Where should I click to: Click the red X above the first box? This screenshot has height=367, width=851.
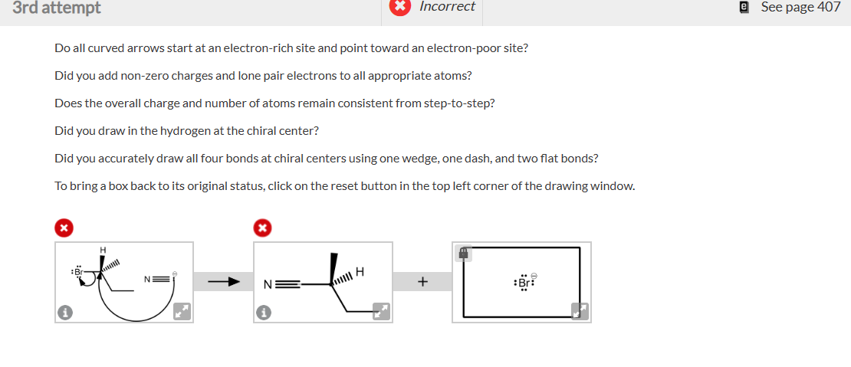click(x=65, y=227)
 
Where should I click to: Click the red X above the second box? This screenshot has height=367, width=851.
click(x=263, y=227)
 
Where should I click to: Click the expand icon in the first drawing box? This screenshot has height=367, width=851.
click(x=181, y=310)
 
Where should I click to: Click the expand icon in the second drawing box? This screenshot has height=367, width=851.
click(x=380, y=310)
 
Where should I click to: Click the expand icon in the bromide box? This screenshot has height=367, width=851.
click(x=579, y=310)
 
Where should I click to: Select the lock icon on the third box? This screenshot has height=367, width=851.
click(x=465, y=252)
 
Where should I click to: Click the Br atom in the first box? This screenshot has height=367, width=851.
click(x=77, y=273)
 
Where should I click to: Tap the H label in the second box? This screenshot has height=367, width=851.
click(x=359, y=271)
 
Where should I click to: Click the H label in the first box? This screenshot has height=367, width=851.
click(x=102, y=250)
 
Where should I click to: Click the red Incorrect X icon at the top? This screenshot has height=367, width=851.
click(x=399, y=7)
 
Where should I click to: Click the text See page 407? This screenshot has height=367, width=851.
click(x=800, y=8)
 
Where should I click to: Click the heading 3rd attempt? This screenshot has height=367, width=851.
click(x=57, y=8)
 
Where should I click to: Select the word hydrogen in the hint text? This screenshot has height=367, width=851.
click(x=186, y=131)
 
